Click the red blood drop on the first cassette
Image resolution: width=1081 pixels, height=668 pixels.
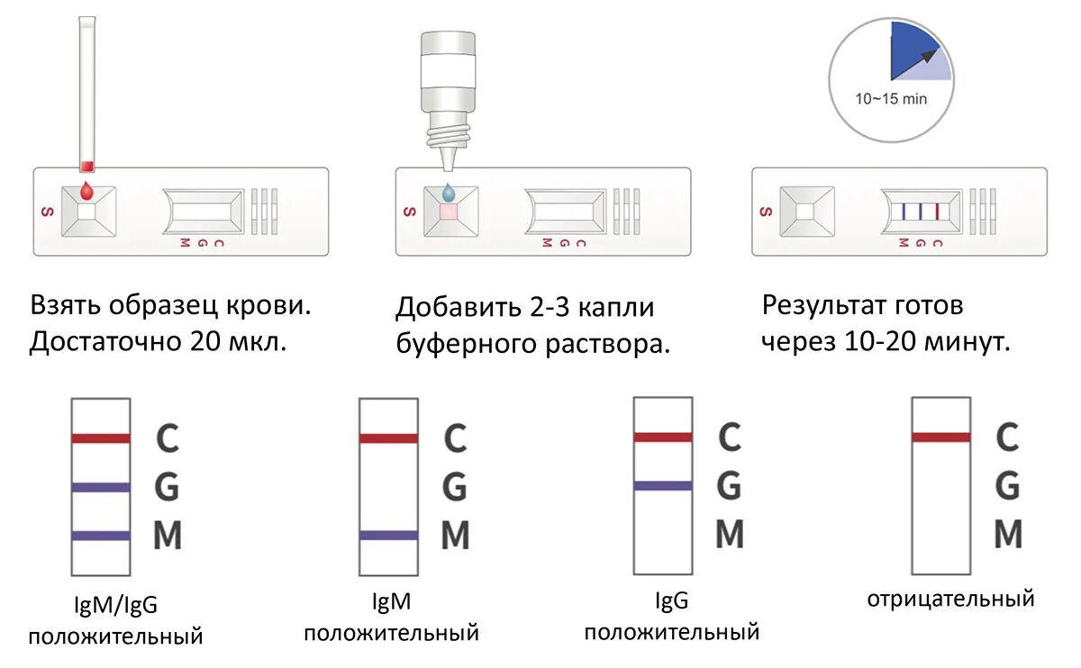(86, 191)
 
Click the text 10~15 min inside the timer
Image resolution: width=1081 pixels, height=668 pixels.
(891, 99)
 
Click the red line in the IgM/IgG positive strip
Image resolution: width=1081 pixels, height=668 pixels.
(101, 438)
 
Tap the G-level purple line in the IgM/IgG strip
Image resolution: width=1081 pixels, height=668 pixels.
(101, 488)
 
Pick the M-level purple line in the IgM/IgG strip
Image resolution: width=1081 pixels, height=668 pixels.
(101, 536)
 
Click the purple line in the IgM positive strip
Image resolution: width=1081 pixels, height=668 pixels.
(388, 535)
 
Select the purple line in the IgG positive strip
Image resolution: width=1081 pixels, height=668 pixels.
(663, 486)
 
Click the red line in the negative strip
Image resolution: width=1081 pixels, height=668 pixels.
(941, 438)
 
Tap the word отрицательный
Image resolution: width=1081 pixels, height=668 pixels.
(950, 599)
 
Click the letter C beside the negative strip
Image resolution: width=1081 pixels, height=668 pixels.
(1007, 438)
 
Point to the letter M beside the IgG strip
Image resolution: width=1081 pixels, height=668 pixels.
(730, 535)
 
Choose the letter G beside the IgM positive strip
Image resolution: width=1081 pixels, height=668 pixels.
(455, 488)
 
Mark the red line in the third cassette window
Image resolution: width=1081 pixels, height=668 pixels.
(938, 212)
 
